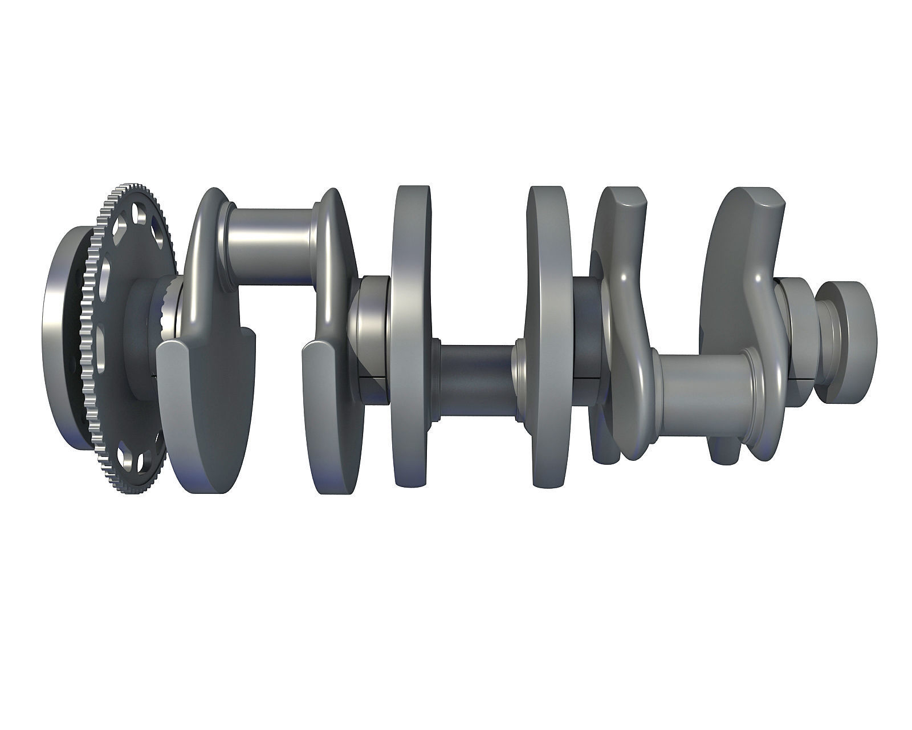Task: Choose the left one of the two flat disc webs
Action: tap(410, 336)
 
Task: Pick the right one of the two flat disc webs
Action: tap(548, 336)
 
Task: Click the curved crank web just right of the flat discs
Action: tap(621, 285)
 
